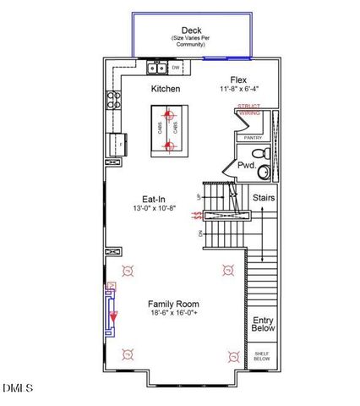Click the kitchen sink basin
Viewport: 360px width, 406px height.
(157, 68)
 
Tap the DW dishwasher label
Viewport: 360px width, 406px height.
(176, 68)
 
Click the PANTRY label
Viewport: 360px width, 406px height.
(253, 137)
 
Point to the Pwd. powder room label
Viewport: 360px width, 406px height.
(246, 166)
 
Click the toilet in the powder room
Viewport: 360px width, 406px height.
(263, 152)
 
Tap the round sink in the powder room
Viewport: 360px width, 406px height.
(264, 172)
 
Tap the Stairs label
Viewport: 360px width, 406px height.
(263, 198)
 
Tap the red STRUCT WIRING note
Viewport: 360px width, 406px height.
(249, 108)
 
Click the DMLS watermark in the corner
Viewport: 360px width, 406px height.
(17, 388)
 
